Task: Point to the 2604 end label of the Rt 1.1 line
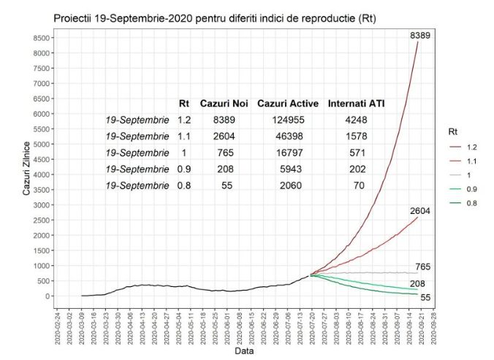[x=420, y=211]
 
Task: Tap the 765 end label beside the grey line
[x=423, y=267]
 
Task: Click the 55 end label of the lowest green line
[x=425, y=297]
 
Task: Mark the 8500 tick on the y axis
[x=41, y=38]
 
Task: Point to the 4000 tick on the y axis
[x=41, y=175]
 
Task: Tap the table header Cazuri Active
[x=281, y=104]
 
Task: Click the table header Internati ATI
[x=357, y=104]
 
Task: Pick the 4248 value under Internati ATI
[x=356, y=120]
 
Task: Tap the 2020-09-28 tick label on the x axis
[x=434, y=326]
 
